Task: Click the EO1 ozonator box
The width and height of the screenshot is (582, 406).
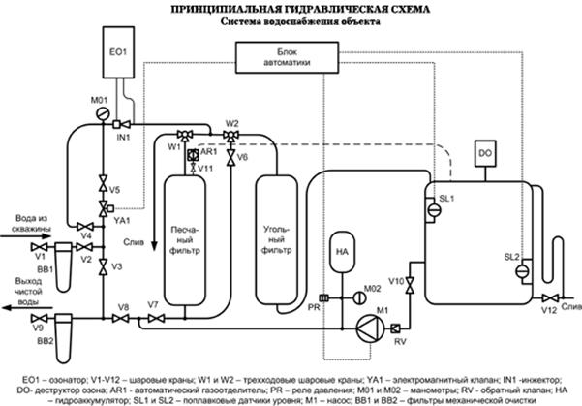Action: tap(118, 47)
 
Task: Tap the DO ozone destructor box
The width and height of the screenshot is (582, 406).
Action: tap(485, 152)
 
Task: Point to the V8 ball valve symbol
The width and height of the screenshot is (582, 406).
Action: tap(123, 318)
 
